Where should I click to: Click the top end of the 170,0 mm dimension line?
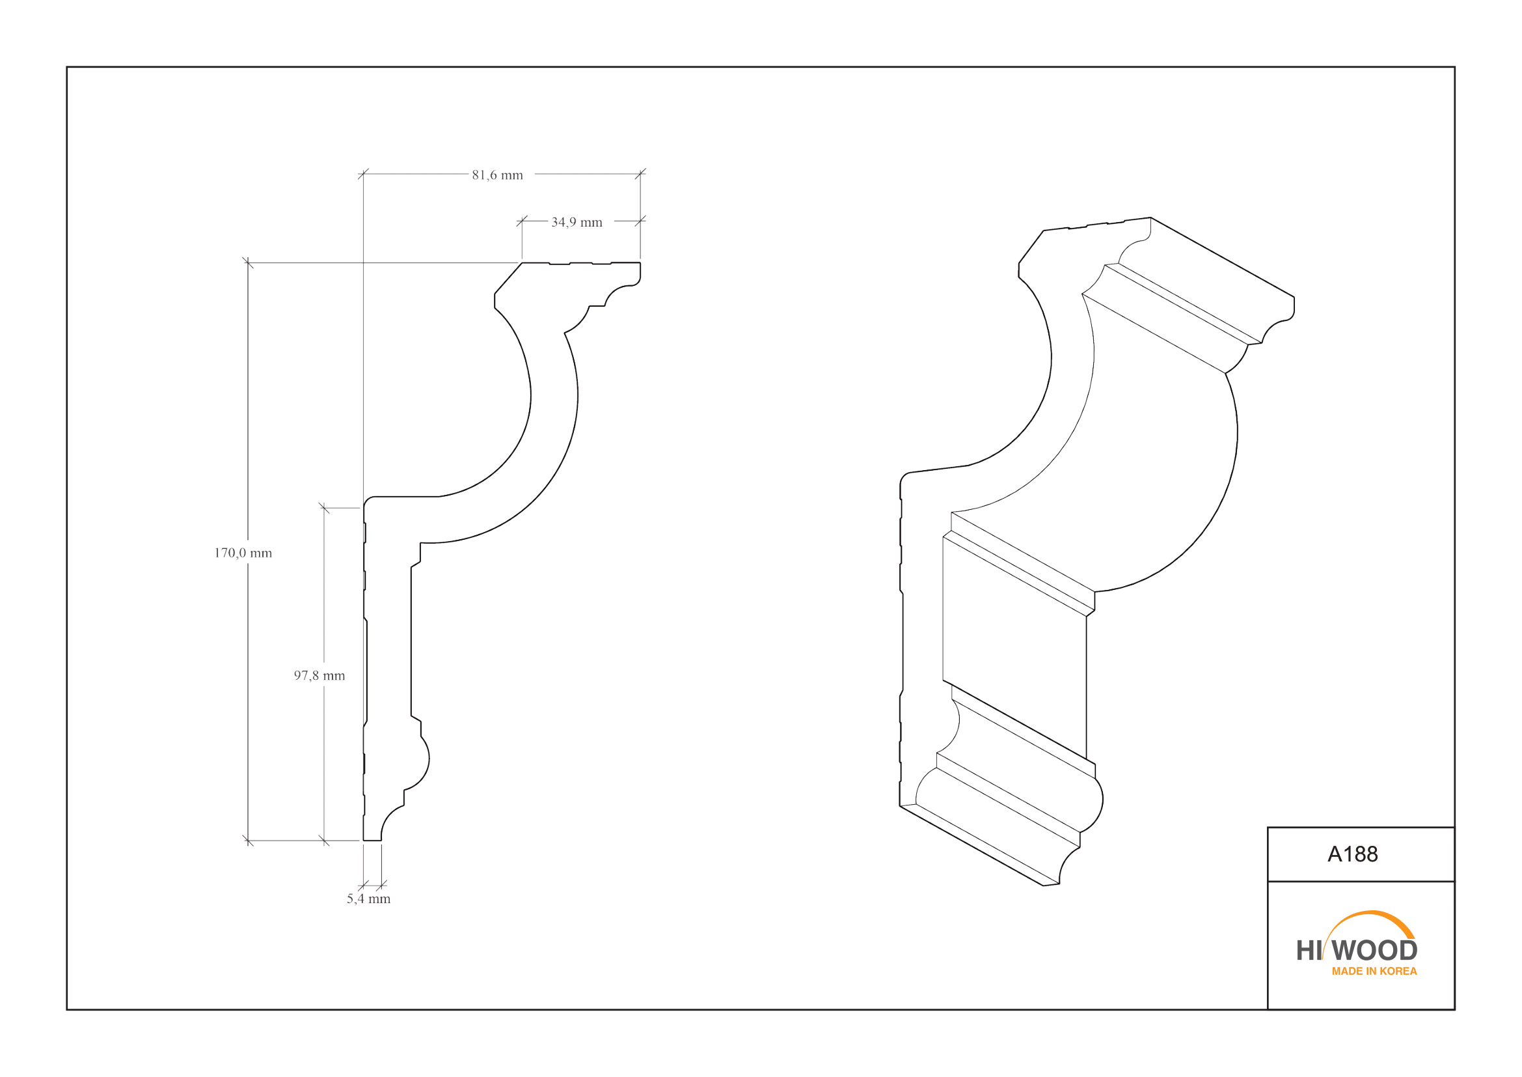248,263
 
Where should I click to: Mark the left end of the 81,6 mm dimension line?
363,174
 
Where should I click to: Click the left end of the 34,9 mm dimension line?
522,221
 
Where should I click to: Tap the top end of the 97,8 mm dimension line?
324,508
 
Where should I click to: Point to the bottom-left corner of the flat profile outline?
363,840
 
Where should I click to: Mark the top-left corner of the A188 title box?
1268,827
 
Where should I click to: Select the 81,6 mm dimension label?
497,175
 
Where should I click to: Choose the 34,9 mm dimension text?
577,222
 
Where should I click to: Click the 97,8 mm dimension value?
319,675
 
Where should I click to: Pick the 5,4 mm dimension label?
368,899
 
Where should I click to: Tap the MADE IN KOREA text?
1374,971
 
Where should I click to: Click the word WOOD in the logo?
1374,950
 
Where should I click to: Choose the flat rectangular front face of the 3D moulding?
1014,647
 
